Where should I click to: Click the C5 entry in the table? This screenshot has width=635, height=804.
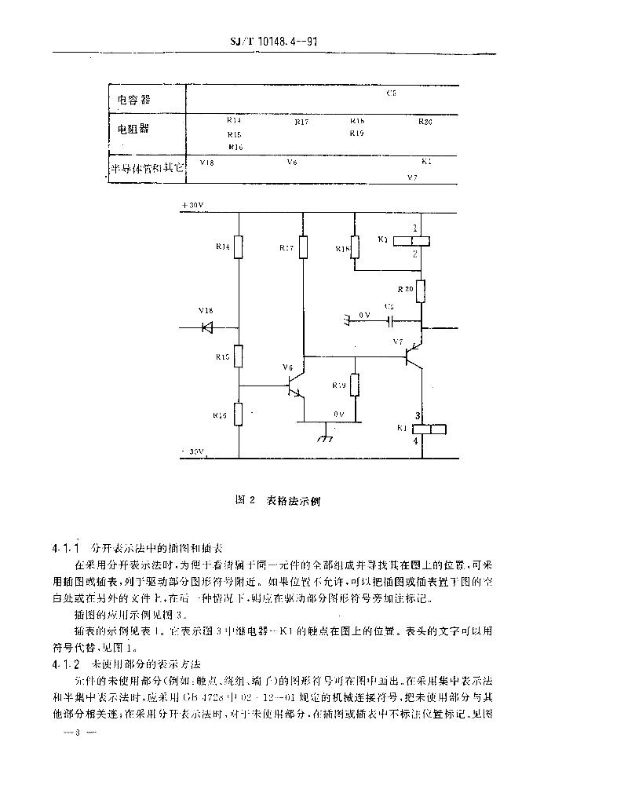coord(391,93)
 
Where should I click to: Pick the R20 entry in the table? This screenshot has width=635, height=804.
coord(425,122)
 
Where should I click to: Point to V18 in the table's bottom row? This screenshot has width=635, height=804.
coord(207,162)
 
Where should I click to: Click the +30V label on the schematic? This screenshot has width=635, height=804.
coord(192,206)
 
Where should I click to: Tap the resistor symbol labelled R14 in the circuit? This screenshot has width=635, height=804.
coord(240,248)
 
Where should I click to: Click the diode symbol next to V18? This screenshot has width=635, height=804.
coord(208,327)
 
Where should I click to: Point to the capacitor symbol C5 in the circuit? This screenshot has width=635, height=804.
coord(390,321)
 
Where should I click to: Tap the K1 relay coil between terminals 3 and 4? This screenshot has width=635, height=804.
coord(430,429)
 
